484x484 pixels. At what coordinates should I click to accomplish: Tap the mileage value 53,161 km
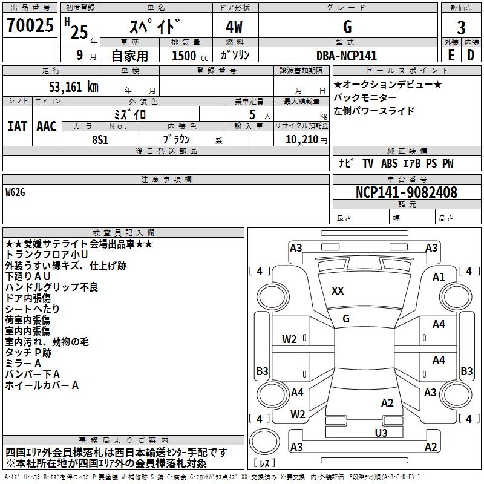coord(73,87)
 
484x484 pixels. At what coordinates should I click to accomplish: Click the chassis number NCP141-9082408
coord(406,192)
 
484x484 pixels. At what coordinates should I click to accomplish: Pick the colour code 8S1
coord(100,139)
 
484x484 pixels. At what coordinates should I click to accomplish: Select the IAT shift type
coord(17,126)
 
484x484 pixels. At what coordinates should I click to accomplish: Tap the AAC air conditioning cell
coord(46,126)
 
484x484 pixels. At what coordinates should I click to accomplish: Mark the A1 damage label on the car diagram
coord(439,276)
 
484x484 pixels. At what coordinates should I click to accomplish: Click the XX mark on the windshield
coord(338,291)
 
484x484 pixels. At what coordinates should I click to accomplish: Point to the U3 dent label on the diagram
coord(381,433)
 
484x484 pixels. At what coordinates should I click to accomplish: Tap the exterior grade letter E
coord(451,56)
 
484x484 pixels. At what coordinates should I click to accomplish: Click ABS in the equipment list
coord(389,163)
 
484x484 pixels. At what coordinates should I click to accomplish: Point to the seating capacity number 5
coord(251,114)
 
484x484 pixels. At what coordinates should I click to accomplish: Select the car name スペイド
coord(157,27)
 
